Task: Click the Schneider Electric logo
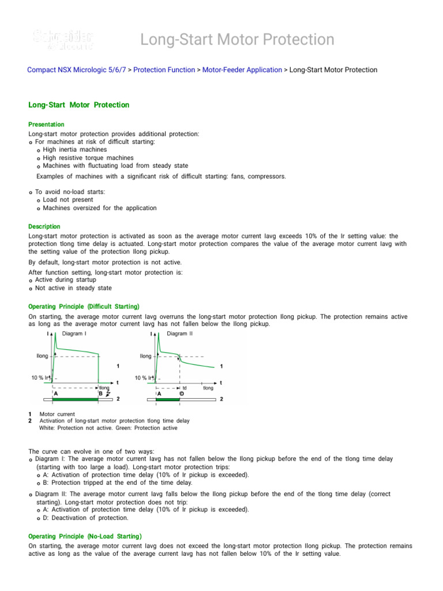point(63,40)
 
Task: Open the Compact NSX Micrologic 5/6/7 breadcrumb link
point(77,70)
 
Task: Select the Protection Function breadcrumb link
point(164,70)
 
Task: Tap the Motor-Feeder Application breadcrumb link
point(242,70)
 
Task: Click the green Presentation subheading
point(46,125)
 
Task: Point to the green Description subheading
point(44,227)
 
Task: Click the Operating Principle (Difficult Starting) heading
point(84,306)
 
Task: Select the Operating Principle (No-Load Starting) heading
point(85,536)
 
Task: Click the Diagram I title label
point(74,334)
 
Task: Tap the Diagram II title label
point(179,334)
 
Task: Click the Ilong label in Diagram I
point(42,356)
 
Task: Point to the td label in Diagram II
point(185,388)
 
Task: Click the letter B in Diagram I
point(100,394)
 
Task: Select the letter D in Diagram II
point(182,394)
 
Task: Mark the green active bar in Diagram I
point(76,399)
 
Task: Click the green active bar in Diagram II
point(168,399)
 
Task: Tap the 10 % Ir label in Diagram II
point(144,377)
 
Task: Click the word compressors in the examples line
point(265,176)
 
